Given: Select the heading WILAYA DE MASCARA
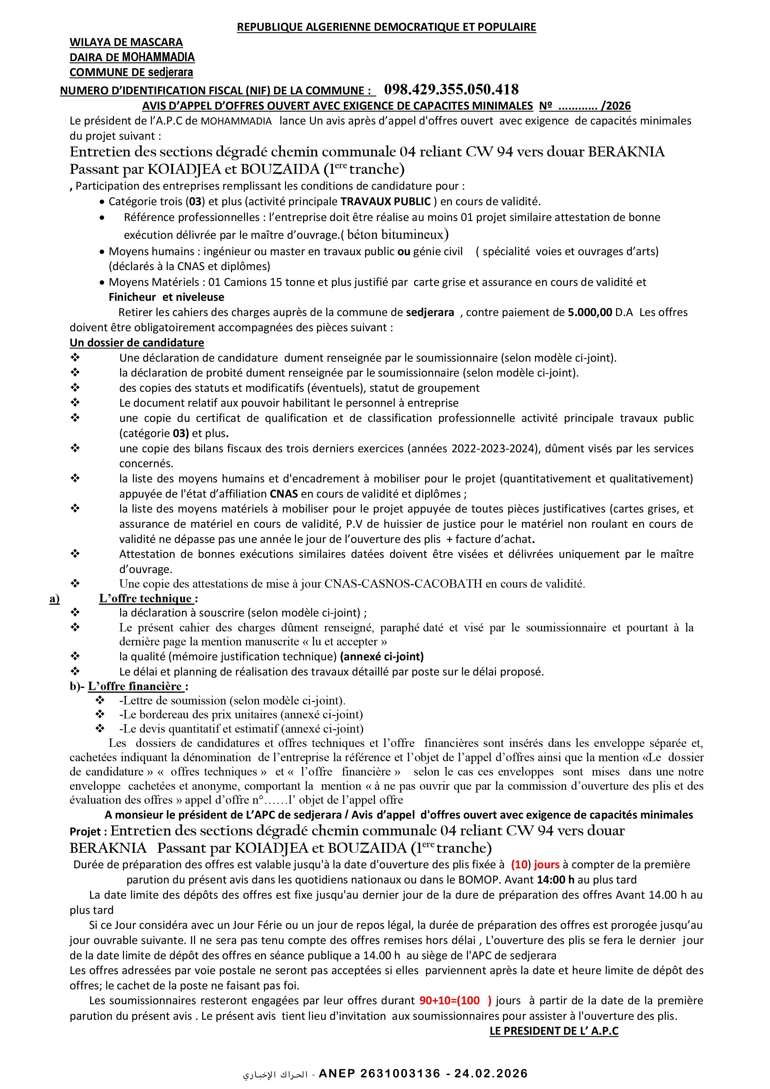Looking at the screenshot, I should coord(126,42).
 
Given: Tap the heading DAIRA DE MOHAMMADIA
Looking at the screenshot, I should coord(132,57).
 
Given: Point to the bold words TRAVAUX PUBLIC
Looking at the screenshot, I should coord(385,201).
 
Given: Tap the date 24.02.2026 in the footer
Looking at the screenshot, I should coord(491,1073).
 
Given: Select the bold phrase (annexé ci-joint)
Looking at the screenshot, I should coord(382,657).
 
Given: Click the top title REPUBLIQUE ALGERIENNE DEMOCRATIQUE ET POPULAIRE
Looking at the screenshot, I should coord(386,27).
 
